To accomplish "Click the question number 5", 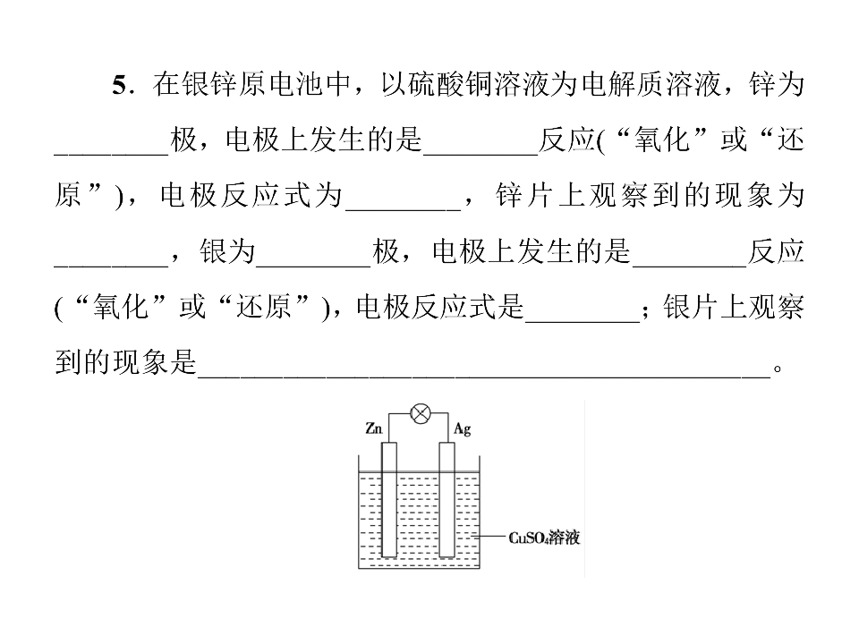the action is [120, 86].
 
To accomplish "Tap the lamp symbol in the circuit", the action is [421, 414].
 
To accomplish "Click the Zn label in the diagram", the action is [374, 428].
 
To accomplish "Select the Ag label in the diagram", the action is [463, 428].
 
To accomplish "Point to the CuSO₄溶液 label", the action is [544, 538].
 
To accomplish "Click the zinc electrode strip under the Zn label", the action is [389, 499].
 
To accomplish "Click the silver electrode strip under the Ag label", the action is [447, 499].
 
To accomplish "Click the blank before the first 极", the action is [112, 154].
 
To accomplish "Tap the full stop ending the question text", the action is [778, 369].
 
